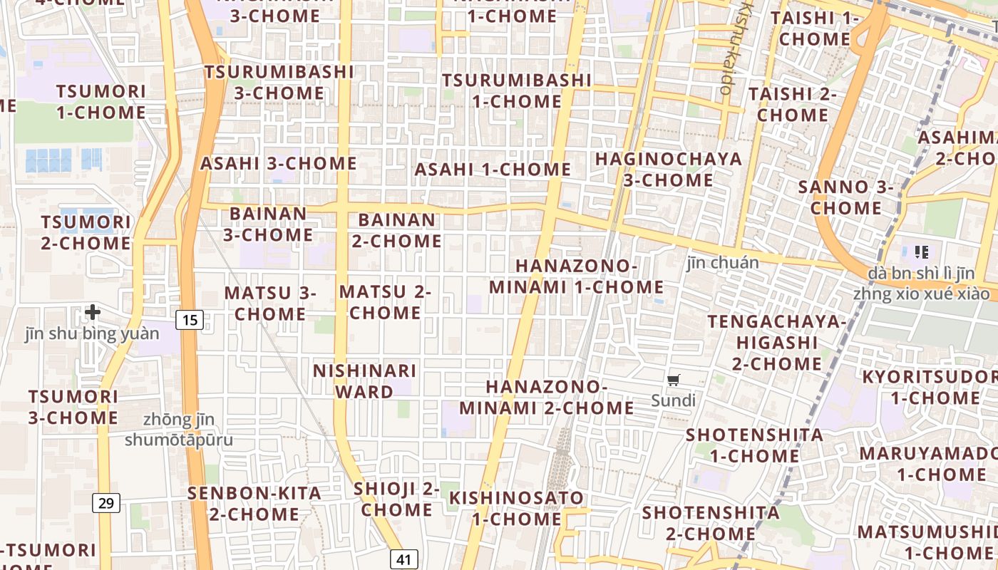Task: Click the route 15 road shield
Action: click(x=190, y=320)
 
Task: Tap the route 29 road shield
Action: click(x=106, y=503)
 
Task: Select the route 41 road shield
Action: click(x=404, y=559)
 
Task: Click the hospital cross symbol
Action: click(x=92, y=312)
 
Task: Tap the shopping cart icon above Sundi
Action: click(x=674, y=380)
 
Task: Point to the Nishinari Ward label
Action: click(x=365, y=381)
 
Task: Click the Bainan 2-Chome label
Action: click(x=396, y=230)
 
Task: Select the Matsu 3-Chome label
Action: click(x=270, y=303)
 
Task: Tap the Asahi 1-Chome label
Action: click(x=493, y=170)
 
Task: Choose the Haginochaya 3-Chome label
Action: click(x=669, y=169)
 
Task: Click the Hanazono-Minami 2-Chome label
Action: click(x=547, y=397)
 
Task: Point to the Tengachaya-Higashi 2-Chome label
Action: click(x=777, y=343)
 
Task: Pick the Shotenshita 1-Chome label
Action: click(x=754, y=445)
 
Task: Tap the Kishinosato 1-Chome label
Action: click(x=516, y=507)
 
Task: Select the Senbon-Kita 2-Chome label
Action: click(x=254, y=503)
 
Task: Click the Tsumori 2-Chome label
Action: click(x=86, y=232)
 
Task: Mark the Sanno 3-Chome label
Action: click(x=845, y=197)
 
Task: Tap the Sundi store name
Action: click(x=674, y=400)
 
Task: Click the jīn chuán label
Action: click(x=723, y=263)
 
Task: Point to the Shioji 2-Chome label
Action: click(x=396, y=499)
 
